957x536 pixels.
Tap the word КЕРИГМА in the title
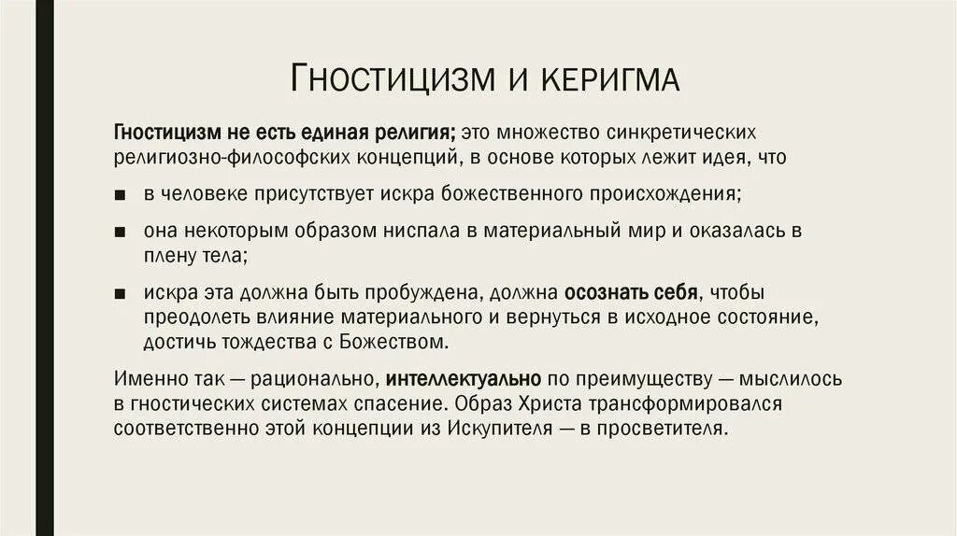[608, 78]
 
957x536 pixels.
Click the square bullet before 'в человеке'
[121, 195]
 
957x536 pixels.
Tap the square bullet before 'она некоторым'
[121, 231]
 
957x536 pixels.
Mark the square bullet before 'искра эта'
[121, 293]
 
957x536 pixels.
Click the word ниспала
[410, 230]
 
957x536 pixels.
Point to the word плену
[169, 255]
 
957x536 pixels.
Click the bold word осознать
[603, 291]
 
